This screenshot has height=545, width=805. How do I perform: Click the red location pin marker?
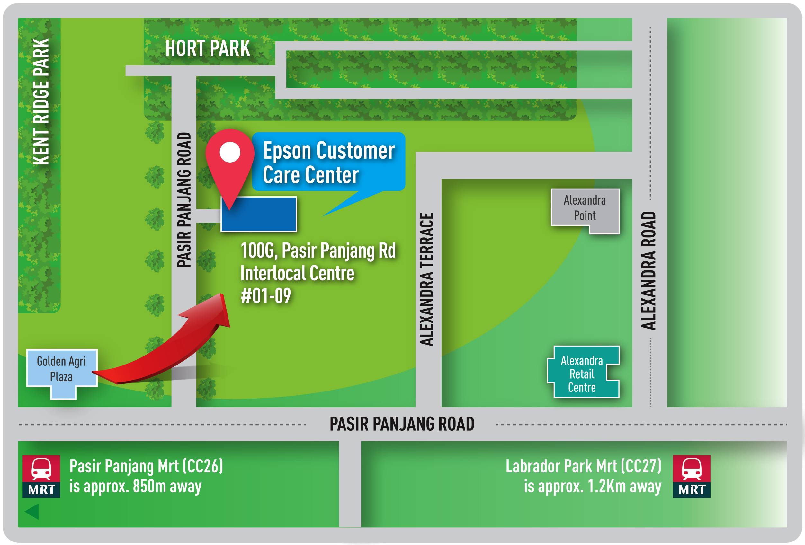[x=230, y=163]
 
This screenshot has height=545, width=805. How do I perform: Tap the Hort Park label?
[x=207, y=48]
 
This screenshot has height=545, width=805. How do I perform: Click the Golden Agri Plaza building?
[x=62, y=370]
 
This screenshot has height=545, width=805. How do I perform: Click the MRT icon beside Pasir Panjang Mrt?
[x=41, y=477]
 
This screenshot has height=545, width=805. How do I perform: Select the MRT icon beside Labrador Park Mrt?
[x=691, y=477]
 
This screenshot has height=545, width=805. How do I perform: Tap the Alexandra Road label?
[x=648, y=270]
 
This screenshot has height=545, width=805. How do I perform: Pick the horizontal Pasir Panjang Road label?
[x=401, y=424]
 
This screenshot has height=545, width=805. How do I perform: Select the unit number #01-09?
[x=266, y=296]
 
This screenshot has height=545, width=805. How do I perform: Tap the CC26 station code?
[x=203, y=466]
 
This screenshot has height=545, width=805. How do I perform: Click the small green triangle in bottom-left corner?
[x=32, y=511]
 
